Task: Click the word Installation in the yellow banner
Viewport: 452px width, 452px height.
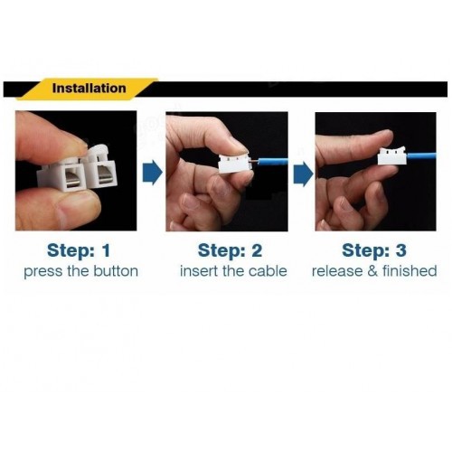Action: click(89, 89)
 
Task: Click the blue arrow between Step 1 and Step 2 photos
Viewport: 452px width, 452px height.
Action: click(152, 173)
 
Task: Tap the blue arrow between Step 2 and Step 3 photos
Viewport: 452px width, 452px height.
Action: click(304, 174)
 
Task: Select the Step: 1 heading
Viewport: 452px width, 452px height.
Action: click(79, 250)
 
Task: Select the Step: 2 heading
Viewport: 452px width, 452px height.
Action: click(230, 250)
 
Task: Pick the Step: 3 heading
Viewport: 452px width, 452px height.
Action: click(374, 250)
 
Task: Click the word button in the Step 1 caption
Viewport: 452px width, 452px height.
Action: click(116, 271)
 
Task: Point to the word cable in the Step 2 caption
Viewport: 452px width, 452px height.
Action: click(268, 270)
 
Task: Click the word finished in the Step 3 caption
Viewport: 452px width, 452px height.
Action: click(410, 270)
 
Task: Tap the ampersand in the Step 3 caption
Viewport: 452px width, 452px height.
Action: click(372, 270)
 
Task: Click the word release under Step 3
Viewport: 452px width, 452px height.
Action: click(338, 270)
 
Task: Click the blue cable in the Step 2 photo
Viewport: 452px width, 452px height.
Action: click(273, 161)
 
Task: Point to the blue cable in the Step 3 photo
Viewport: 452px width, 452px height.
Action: click(421, 156)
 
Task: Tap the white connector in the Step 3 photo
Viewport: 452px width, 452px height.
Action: click(392, 155)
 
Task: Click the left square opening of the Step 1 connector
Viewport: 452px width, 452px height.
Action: click(72, 178)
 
